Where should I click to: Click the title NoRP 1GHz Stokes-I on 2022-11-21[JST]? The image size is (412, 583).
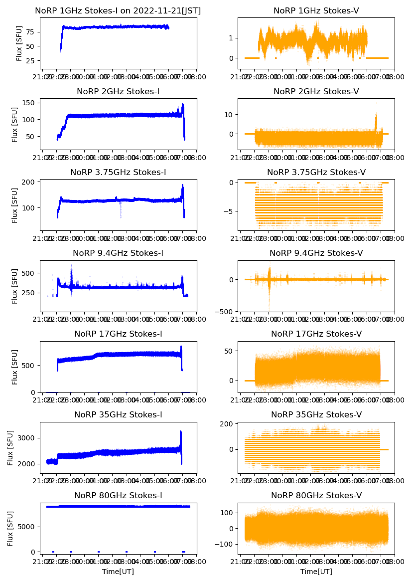(x=118, y=11)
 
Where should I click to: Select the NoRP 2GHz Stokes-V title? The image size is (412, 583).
(x=316, y=92)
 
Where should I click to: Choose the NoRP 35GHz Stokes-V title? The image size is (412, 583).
(x=316, y=415)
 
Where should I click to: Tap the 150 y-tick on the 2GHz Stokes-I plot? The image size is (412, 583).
(x=28, y=103)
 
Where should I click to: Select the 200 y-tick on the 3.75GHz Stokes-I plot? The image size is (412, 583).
(x=28, y=182)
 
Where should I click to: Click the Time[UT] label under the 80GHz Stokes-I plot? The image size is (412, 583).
(x=118, y=572)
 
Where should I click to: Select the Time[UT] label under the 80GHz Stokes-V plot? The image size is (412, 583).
(x=316, y=572)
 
